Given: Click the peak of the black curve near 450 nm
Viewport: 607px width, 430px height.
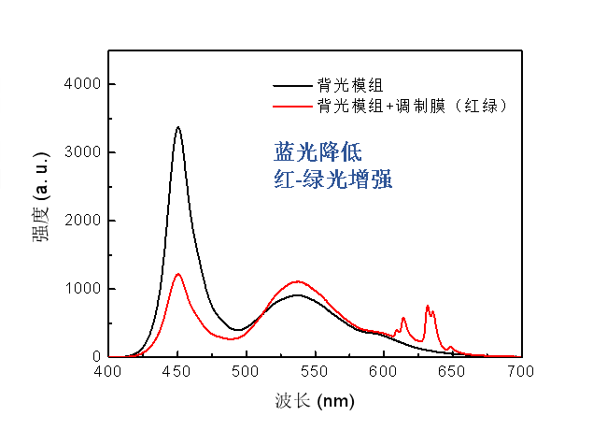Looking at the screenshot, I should [x=177, y=127].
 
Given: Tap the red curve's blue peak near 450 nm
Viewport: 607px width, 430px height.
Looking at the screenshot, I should [x=178, y=274].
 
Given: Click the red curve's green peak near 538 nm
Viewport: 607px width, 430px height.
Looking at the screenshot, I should [x=298, y=281].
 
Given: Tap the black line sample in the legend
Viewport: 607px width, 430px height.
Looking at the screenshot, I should [x=290, y=86].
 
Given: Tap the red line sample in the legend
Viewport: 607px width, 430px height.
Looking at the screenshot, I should [x=290, y=107].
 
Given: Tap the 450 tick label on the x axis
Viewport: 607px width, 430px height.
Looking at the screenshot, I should [x=176, y=371].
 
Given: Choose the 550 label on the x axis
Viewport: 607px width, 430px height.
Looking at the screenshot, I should [x=314, y=371].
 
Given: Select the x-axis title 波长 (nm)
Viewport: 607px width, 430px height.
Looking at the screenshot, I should [x=314, y=401].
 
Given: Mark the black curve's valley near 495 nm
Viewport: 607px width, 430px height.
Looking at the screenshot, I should [x=238, y=330].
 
